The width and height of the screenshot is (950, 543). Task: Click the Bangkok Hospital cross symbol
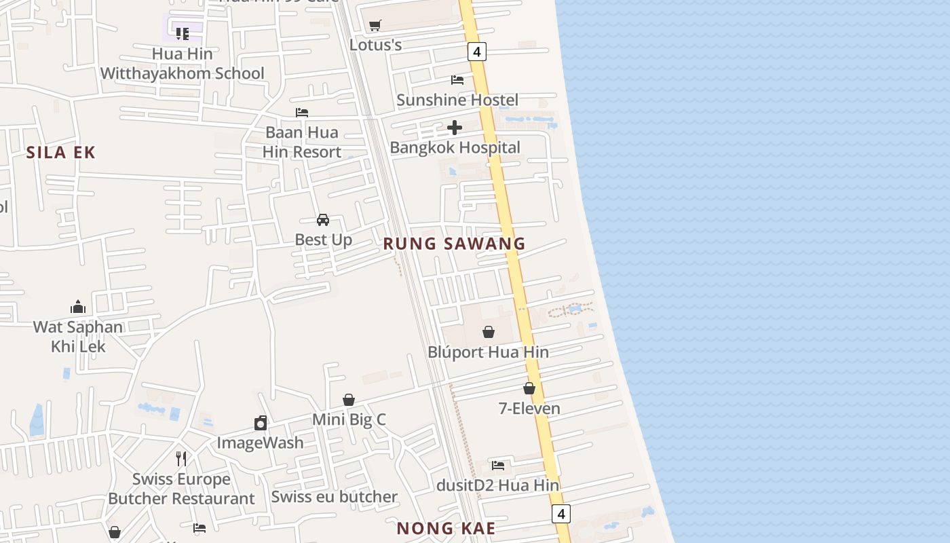tap(455, 127)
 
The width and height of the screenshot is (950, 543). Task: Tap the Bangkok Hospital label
tap(455, 147)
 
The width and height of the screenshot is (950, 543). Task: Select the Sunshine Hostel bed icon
tap(457, 80)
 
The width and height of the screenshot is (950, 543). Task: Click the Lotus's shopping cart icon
tap(375, 26)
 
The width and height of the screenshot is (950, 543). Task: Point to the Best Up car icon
tap(323, 220)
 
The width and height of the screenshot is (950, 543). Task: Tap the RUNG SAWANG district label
tap(454, 244)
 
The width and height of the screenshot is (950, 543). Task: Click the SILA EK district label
tap(61, 153)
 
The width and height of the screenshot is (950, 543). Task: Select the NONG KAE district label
tap(446, 528)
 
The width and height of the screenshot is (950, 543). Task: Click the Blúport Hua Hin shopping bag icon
tap(488, 332)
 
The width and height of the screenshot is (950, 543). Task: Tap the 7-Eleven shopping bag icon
tap(529, 388)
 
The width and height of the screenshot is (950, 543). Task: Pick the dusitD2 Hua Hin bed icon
tap(498, 466)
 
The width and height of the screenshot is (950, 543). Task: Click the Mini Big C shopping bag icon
tap(349, 400)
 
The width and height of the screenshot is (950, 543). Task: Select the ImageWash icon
tap(261, 424)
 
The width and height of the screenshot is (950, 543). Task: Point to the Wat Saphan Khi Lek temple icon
tap(78, 307)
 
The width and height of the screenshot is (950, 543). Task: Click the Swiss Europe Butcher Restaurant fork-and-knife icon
tap(181, 459)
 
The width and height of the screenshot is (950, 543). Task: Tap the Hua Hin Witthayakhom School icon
tap(182, 33)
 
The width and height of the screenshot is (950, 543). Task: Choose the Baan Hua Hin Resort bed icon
tap(302, 113)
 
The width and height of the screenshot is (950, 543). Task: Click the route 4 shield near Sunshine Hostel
tap(477, 52)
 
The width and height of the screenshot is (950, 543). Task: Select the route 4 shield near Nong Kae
tap(560, 514)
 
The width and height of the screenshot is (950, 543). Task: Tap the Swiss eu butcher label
tap(334, 497)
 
